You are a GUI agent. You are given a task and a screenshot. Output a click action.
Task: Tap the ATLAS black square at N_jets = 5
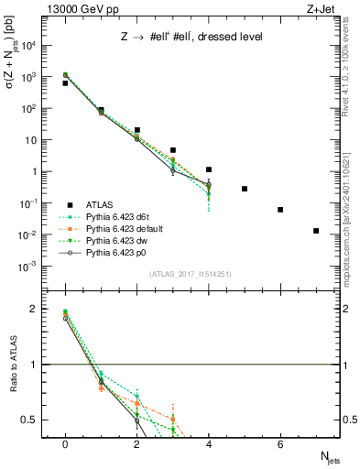pyautogui.click(x=245, y=189)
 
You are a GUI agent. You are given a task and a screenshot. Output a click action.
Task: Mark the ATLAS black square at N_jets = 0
pyautogui.click(x=65, y=83)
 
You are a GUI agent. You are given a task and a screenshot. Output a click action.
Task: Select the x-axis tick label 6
pyautogui.click(x=280, y=443)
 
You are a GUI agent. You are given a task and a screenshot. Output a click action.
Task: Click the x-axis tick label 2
pyautogui.click(x=136, y=443)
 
